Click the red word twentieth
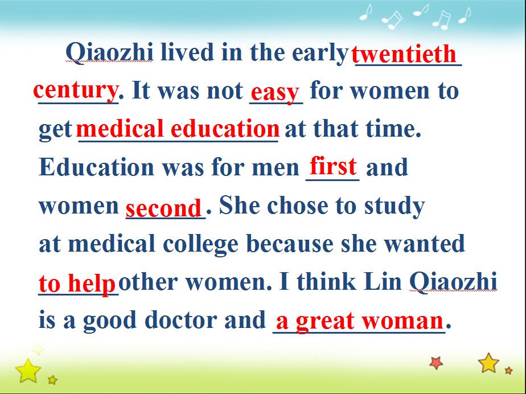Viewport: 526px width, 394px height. [404, 54]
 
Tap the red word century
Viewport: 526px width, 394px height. [76, 91]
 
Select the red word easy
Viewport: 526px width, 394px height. [275, 92]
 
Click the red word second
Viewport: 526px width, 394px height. [163, 208]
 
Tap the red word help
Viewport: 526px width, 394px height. [92, 284]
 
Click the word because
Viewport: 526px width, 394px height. [290, 244]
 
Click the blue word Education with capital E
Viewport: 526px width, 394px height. [96, 167]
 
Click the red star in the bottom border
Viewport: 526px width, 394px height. [436, 363]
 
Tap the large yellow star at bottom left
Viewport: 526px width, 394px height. [28, 371]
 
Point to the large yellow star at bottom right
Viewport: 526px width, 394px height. [488, 363]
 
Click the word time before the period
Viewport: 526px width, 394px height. [390, 129]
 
